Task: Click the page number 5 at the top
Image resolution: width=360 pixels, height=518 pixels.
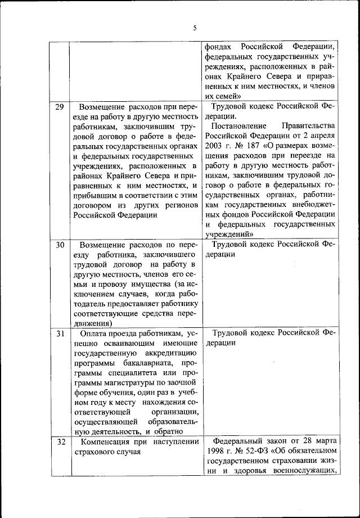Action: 194,28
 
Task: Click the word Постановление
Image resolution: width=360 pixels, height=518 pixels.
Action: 239,125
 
